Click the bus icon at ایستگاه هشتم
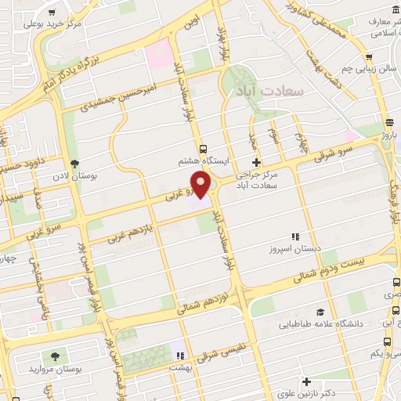pyautogui.click(x=204, y=148)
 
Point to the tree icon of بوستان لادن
pyautogui.click(x=75, y=164)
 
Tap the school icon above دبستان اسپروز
pyautogui.click(x=295, y=236)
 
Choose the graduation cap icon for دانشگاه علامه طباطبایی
pyautogui.click(x=320, y=311)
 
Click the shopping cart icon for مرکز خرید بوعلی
pyautogui.click(x=52, y=13)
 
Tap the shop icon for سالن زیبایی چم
pyautogui.click(x=368, y=57)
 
